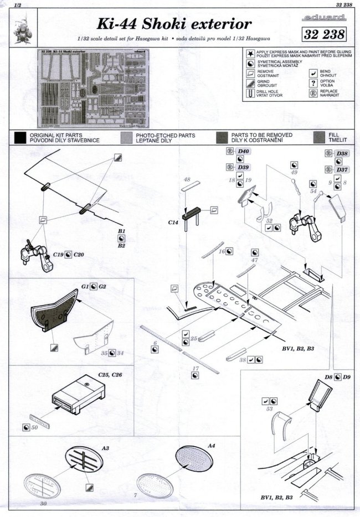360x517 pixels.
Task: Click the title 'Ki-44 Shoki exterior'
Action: click(174, 24)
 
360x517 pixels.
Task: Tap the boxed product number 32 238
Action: click(325, 35)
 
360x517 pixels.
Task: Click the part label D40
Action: click(244, 152)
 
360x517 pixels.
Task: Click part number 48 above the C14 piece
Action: click(187, 180)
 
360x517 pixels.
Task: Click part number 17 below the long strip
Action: click(196, 368)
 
